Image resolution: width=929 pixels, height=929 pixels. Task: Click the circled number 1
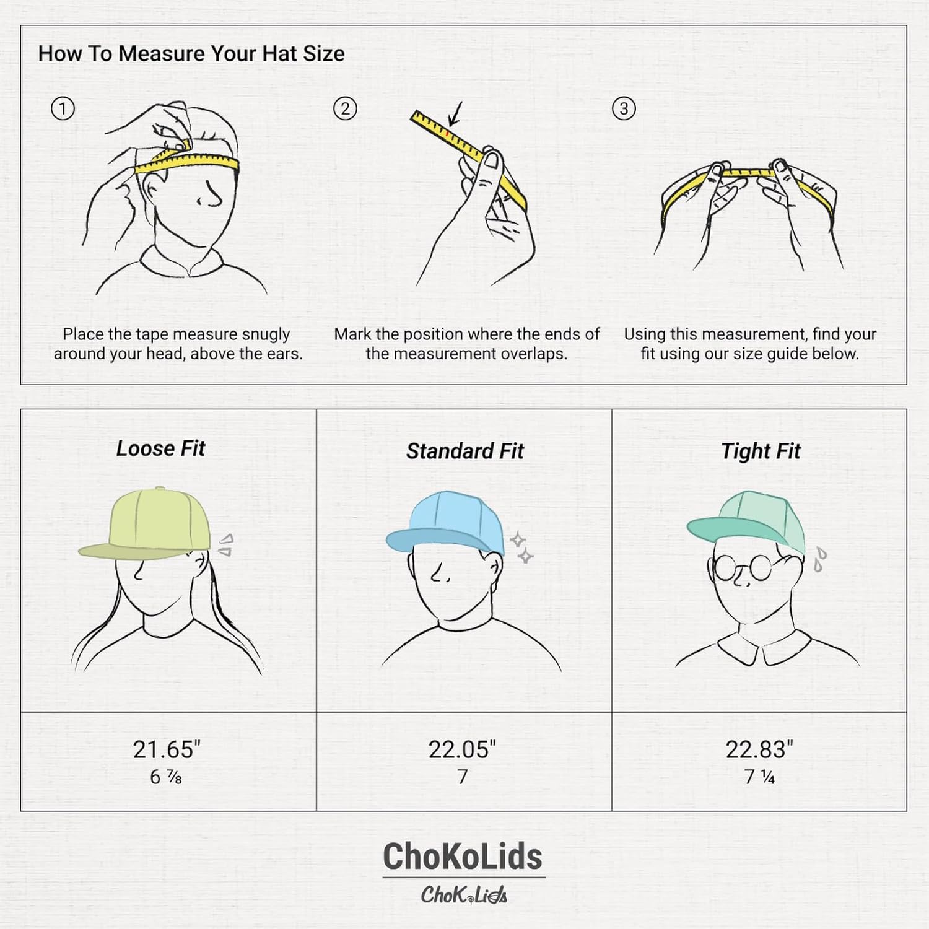[x=62, y=109]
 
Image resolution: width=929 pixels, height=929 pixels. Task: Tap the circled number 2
[x=345, y=109]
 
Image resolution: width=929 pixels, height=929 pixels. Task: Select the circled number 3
[x=624, y=109]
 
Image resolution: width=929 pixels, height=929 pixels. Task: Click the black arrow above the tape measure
[x=456, y=115]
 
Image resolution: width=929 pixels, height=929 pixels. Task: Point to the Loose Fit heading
[x=160, y=448]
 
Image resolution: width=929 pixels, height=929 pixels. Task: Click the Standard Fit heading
[x=464, y=451]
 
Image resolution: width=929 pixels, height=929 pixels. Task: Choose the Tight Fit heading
[x=761, y=451]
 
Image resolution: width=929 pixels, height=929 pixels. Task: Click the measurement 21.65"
[x=167, y=749]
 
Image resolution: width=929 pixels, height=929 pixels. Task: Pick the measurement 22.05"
[x=462, y=749]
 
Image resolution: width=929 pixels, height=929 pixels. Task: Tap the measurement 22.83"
[x=759, y=749]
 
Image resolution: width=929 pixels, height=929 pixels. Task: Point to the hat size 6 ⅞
[x=166, y=777]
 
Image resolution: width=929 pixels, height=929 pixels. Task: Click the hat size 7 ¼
[x=759, y=777]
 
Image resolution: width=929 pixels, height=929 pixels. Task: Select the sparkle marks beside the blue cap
[x=521, y=547]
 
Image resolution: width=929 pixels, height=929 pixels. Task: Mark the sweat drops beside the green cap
[x=820, y=559]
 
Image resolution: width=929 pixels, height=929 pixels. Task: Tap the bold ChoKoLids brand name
[x=463, y=857]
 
